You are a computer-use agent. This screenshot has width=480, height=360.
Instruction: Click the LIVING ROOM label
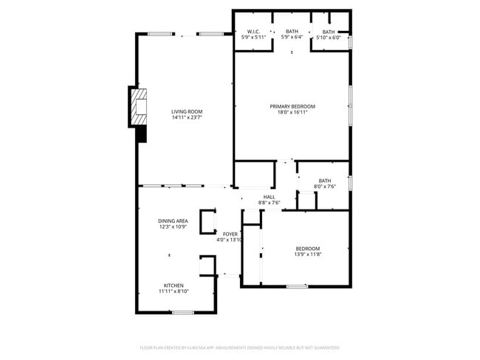[x=187, y=111]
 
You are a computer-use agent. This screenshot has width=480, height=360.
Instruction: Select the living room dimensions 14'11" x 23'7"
[x=187, y=117]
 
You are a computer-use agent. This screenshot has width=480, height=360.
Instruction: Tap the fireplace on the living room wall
[x=138, y=108]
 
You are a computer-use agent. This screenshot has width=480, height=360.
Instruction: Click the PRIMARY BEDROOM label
[x=292, y=106]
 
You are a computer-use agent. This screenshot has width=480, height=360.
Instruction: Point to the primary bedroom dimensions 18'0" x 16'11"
[x=292, y=112]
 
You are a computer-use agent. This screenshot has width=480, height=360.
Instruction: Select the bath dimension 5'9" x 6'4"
[x=292, y=37]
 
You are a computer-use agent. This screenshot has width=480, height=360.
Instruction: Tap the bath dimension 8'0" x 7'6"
[x=325, y=187]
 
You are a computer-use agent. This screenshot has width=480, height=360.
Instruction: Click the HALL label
[x=269, y=197]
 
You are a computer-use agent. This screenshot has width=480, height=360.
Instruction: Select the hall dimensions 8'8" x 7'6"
[x=269, y=203]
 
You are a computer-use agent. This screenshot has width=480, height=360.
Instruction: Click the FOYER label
[x=230, y=234]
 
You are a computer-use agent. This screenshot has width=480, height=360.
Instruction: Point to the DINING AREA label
[x=173, y=221]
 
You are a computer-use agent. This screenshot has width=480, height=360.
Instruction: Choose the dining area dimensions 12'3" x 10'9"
[x=173, y=226]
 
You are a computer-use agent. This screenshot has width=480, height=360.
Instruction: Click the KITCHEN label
[x=174, y=285]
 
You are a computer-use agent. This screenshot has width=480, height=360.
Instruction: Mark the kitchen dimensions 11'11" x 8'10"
[x=174, y=291]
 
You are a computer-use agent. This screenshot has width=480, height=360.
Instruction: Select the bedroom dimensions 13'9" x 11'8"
[x=308, y=255]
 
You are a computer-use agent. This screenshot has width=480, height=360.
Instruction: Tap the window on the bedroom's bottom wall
[x=297, y=285]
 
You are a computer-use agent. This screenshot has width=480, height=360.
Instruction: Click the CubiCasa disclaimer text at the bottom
[x=239, y=347]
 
